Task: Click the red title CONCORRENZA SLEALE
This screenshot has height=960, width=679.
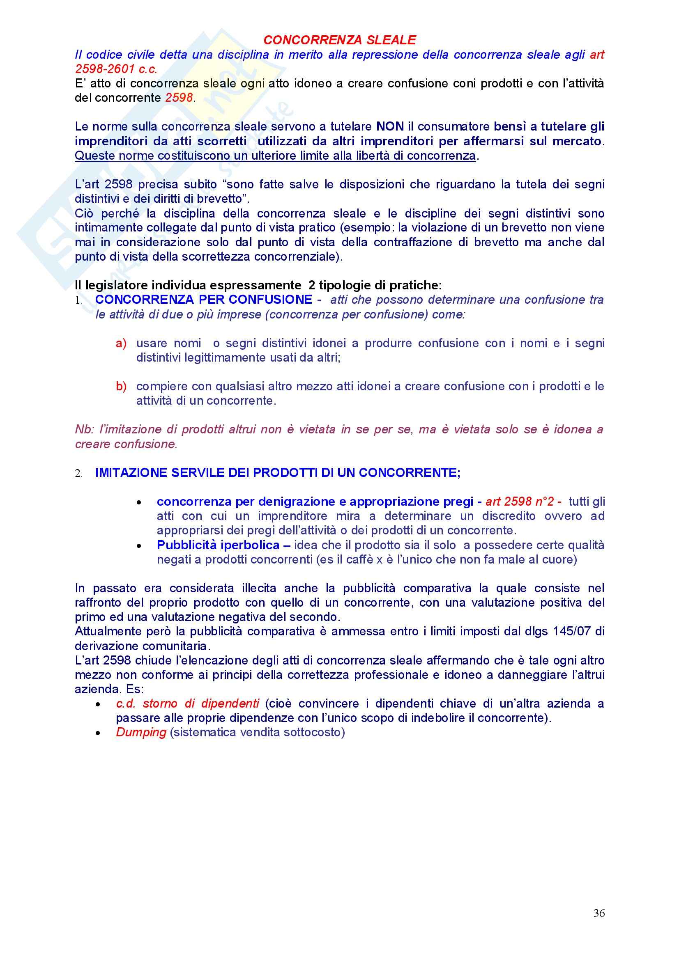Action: coord(339,40)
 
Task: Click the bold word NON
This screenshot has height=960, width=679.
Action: coord(390,127)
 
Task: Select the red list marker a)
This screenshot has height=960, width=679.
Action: coord(121,343)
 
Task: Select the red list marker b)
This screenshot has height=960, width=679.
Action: coord(121,386)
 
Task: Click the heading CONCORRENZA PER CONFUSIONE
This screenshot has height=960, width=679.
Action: coord(204,300)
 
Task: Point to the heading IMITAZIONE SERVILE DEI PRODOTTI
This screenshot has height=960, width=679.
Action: coord(277,473)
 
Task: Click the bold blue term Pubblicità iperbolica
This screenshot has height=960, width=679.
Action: coord(218,545)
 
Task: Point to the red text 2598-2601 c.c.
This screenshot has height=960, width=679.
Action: coord(116,69)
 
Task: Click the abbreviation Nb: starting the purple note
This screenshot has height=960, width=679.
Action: coord(85,429)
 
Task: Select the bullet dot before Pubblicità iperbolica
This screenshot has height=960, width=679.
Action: coord(139,545)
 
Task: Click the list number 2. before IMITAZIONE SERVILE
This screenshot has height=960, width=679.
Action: coord(78,474)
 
